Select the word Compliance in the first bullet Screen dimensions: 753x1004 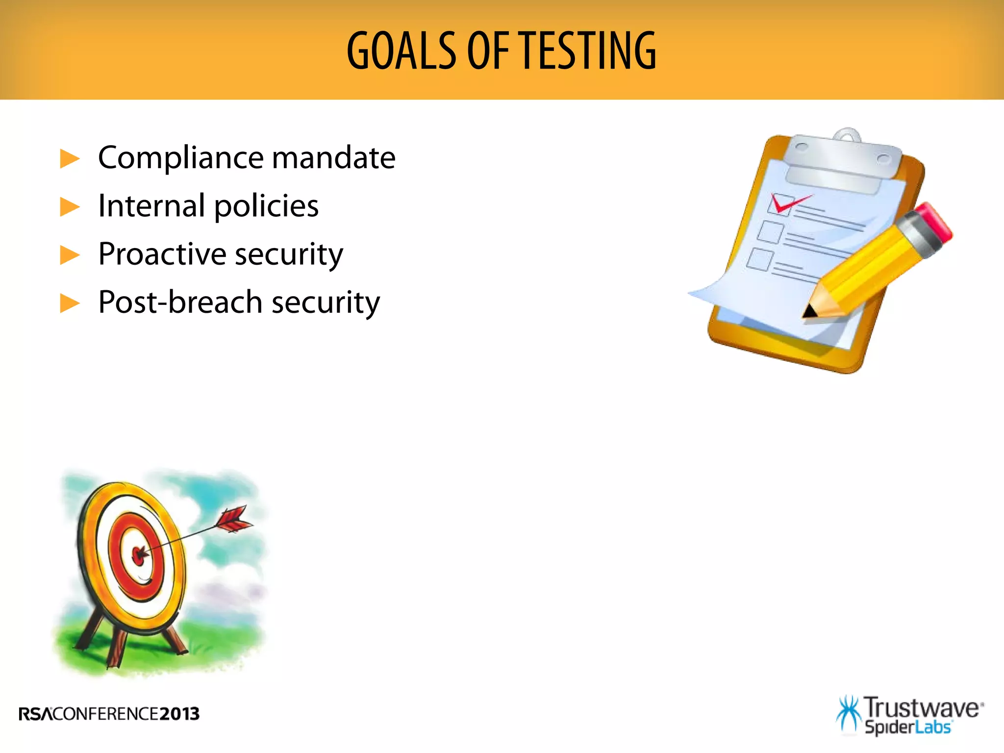click(181, 158)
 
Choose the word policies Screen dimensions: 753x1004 click(266, 206)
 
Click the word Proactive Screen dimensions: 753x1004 click(162, 254)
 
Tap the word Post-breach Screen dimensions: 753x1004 click(180, 301)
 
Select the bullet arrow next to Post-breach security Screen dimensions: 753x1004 click(70, 303)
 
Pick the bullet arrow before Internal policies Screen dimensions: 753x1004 click(70, 207)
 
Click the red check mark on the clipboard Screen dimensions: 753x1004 click(786, 202)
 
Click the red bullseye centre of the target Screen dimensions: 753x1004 click(139, 555)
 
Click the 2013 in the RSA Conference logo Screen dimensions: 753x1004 click(179, 714)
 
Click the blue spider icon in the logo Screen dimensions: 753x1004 click(849, 714)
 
